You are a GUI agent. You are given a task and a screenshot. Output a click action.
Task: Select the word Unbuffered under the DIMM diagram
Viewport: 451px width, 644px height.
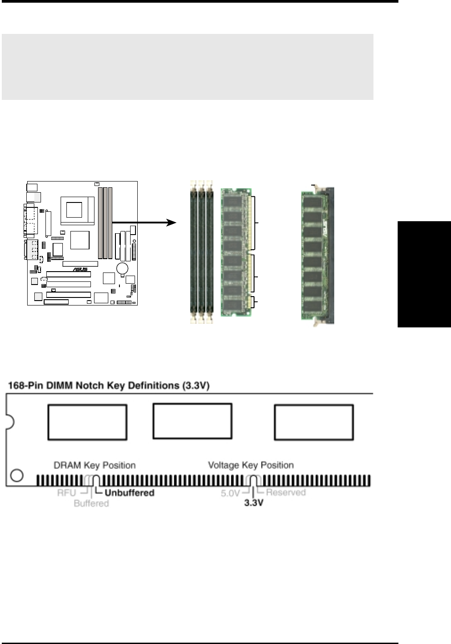[x=129, y=493]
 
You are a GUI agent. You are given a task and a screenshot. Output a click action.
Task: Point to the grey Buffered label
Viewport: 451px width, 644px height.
[x=91, y=504]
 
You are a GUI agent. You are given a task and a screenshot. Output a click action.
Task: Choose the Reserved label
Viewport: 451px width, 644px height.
[x=286, y=492]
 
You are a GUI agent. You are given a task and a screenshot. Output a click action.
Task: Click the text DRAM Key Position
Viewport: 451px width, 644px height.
[x=94, y=465]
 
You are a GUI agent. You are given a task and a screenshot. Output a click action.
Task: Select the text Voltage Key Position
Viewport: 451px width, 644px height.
[x=251, y=465]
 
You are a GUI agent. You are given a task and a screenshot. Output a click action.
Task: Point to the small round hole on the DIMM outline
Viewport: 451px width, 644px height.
[x=16, y=475]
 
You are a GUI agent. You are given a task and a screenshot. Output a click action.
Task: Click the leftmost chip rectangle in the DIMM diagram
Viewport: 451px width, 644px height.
[x=87, y=421]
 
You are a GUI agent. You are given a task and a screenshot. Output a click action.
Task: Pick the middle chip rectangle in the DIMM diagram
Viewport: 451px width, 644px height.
[x=192, y=421]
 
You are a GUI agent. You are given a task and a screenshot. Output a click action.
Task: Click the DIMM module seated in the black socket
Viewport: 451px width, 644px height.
[x=312, y=254]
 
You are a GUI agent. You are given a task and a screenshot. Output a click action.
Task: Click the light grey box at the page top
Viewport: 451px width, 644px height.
[x=187, y=67]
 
